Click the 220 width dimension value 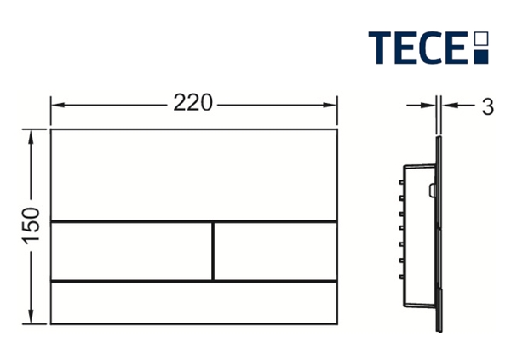click(x=192, y=105)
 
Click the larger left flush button click(x=131, y=251)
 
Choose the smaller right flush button click(x=273, y=251)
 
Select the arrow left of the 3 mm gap click(x=430, y=106)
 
